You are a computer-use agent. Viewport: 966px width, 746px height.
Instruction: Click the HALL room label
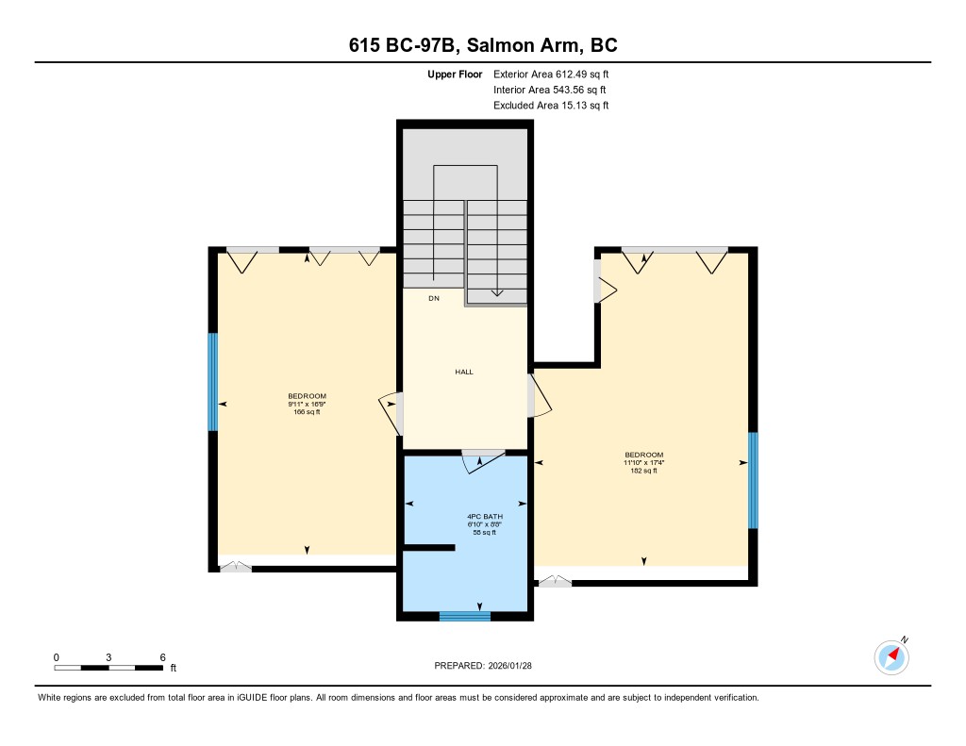click(x=464, y=373)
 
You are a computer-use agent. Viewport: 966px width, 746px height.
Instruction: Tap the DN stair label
click(x=434, y=298)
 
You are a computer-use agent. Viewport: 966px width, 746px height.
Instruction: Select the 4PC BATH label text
click(x=485, y=516)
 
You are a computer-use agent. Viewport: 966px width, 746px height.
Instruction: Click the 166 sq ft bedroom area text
click(x=307, y=412)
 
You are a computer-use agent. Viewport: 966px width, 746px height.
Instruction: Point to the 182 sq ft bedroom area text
click(x=643, y=471)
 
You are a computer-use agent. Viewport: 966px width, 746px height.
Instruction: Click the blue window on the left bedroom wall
click(x=213, y=382)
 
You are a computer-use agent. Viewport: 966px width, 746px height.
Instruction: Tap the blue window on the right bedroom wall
click(x=753, y=480)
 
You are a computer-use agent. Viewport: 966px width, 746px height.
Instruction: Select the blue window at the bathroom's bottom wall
click(x=464, y=616)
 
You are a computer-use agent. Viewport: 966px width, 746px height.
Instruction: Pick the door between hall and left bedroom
click(x=391, y=413)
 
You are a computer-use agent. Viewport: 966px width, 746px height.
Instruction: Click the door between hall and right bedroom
click(x=539, y=395)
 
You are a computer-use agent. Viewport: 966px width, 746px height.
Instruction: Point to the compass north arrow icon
click(x=891, y=657)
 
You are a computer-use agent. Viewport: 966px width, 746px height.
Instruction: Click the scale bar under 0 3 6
click(x=108, y=668)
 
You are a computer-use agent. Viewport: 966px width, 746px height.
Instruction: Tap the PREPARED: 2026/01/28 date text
click(x=483, y=665)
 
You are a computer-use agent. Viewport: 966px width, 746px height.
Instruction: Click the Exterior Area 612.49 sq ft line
click(x=551, y=74)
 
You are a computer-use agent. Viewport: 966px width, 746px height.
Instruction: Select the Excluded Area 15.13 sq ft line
click(x=551, y=106)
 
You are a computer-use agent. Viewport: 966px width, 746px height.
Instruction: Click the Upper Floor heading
click(x=455, y=74)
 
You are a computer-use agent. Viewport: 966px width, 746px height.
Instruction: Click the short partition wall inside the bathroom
click(x=429, y=547)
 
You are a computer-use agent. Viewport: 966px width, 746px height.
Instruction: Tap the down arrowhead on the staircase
click(x=497, y=293)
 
